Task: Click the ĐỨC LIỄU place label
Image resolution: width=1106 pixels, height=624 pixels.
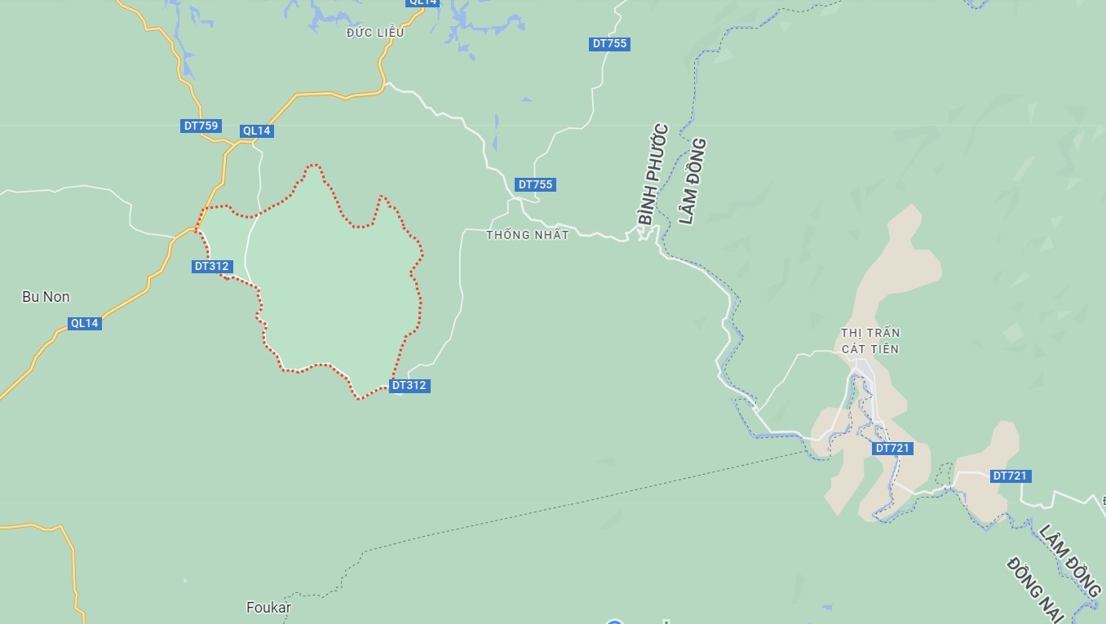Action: [x=374, y=33]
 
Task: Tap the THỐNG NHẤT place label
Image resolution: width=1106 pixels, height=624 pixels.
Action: [x=527, y=235]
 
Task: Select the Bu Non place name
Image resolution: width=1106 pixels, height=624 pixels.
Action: [x=46, y=297]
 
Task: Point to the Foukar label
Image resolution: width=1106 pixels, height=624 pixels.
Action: [x=268, y=608]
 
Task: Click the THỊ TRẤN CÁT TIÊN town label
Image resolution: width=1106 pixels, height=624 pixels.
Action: [x=869, y=341]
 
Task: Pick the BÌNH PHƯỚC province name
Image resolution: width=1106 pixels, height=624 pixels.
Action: [x=653, y=175]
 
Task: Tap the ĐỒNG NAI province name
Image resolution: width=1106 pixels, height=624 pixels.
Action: [x=1035, y=588]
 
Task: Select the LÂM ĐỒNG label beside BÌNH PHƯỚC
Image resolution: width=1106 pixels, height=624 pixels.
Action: [x=692, y=181]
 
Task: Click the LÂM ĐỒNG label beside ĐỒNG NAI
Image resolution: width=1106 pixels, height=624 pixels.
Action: [x=1069, y=560]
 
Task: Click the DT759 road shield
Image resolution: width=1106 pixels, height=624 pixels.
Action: [x=201, y=126]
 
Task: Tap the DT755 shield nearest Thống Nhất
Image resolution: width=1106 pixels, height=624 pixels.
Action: [x=535, y=184]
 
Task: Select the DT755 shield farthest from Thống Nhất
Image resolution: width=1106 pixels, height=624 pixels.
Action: [x=610, y=43]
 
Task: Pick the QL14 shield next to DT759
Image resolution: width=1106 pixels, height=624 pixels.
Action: [x=256, y=131]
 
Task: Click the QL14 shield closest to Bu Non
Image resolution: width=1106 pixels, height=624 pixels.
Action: [x=84, y=323]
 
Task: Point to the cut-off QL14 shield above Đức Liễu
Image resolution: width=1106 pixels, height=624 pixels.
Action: [x=423, y=2]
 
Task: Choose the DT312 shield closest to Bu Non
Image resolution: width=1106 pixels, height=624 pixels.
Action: [x=212, y=266]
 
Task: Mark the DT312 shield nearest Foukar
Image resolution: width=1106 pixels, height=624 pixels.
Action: [x=409, y=385]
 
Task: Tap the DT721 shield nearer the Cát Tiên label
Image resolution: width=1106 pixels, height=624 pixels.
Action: [x=891, y=448]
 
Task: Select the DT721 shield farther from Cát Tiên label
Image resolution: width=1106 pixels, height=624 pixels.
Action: [x=1011, y=476]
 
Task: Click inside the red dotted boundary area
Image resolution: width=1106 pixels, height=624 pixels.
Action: [x=334, y=285]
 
